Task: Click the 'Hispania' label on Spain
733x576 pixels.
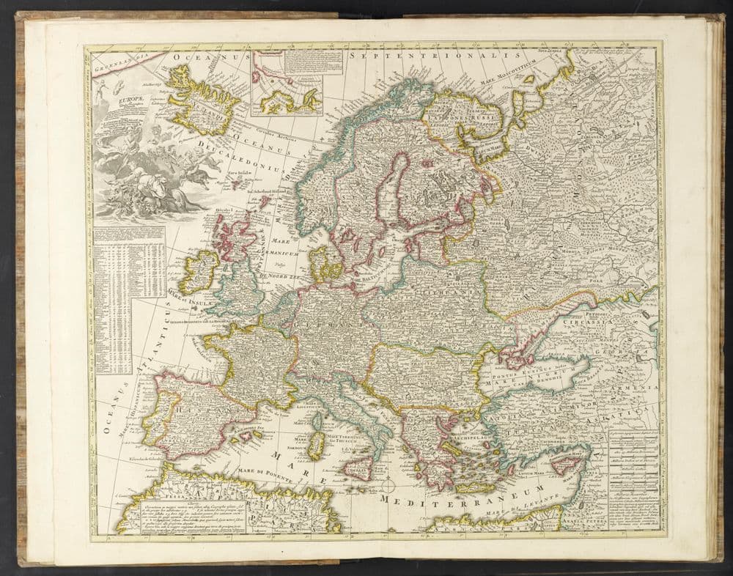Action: [x=194, y=411]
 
